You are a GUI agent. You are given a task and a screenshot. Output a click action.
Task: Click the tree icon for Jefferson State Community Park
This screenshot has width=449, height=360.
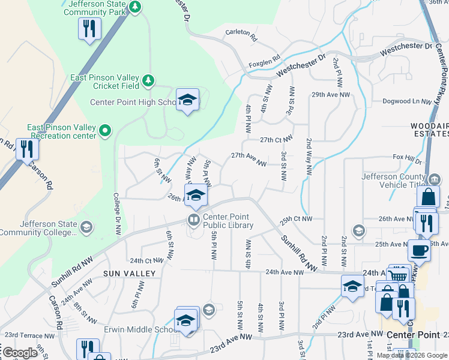[x=136, y=7]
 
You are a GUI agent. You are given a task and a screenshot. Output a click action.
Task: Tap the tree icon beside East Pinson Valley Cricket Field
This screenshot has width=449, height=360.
[x=148, y=79]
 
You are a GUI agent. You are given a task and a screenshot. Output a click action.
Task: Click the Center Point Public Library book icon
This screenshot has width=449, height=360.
[x=194, y=220]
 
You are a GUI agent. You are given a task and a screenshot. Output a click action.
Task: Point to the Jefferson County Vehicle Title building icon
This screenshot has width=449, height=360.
[x=434, y=179]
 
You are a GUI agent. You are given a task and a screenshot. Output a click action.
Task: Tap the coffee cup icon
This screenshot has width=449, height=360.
[x=418, y=250]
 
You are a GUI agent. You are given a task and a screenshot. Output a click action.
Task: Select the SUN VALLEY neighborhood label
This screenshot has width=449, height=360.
[x=129, y=274]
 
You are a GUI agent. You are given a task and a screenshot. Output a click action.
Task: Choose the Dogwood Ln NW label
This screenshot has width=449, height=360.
[x=406, y=101]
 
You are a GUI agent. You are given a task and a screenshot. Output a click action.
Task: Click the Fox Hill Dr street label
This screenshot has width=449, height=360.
[x=407, y=158]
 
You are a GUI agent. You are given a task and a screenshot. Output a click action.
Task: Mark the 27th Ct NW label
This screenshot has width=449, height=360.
[x=276, y=140]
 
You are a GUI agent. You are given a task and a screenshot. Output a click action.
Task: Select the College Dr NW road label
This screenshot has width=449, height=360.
[x=117, y=209]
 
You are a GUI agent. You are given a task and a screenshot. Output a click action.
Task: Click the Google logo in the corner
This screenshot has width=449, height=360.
[x=20, y=352]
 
